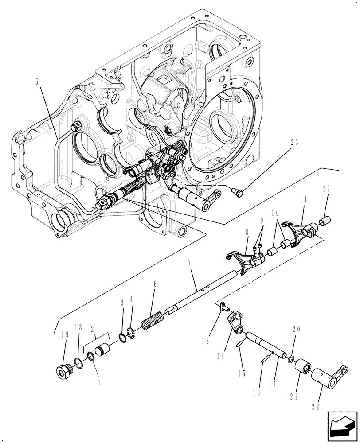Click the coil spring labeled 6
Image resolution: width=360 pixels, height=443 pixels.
[153, 320]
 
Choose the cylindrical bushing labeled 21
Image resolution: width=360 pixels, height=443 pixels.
[304, 367]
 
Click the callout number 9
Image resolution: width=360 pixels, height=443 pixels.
[262, 220]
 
